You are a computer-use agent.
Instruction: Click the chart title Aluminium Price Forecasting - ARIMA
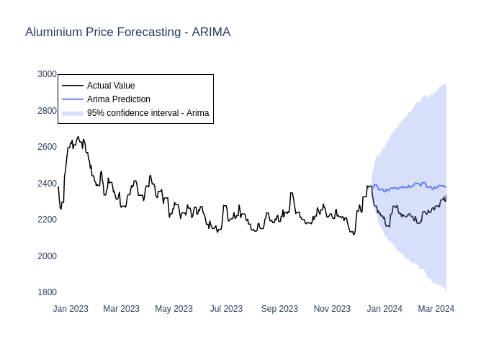(127, 32)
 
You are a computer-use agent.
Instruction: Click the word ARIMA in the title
(211, 32)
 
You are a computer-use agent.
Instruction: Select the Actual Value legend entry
(111, 86)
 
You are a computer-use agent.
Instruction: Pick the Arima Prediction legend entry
(118, 99)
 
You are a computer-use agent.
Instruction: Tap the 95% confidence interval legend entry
(148, 113)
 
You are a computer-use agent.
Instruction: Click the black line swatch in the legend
(73, 86)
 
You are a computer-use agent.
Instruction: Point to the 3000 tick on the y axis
(47, 74)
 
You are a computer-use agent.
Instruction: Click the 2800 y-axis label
(47, 111)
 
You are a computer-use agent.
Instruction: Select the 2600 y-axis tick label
(47, 147)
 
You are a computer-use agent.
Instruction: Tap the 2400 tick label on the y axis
(47, 184)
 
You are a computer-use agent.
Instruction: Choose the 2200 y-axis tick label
(47, 220)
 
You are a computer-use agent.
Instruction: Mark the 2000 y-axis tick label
(47, 256)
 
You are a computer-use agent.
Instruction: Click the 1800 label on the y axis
(47, 292)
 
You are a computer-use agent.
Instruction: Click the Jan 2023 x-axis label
(71, 309)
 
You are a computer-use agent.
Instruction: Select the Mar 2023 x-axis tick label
(121, 309)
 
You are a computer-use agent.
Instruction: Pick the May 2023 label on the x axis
(174, 309)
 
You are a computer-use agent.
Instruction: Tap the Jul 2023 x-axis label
(226, 309)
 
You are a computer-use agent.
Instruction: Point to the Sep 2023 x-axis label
(279, 309)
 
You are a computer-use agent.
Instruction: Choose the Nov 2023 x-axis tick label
(332, 309)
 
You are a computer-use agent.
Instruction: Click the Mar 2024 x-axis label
(436, 309)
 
